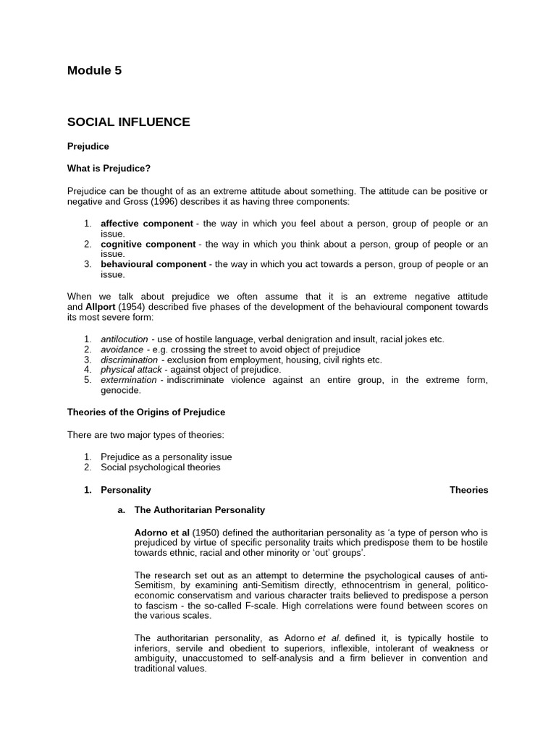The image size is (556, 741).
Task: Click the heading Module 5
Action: coord(94,70)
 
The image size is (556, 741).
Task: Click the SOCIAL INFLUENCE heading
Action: coord(128,122)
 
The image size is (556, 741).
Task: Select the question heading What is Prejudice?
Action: coord(109,169)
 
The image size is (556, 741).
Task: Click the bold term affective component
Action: coord(146,224)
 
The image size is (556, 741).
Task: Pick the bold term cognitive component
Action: coord(148,244)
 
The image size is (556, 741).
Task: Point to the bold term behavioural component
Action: coord(153,264)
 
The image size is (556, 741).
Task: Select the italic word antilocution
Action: coord(125,339)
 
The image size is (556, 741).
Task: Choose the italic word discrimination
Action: coord(129,360)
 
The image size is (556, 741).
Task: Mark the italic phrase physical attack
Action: coord(130,370)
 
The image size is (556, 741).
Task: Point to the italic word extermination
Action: coord(128,380)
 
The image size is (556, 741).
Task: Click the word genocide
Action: coord(119,390)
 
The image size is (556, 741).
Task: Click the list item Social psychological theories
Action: coord(160,467)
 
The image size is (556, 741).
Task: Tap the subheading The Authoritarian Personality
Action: coord(199,510)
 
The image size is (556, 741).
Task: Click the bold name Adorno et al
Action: coord(162,533)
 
